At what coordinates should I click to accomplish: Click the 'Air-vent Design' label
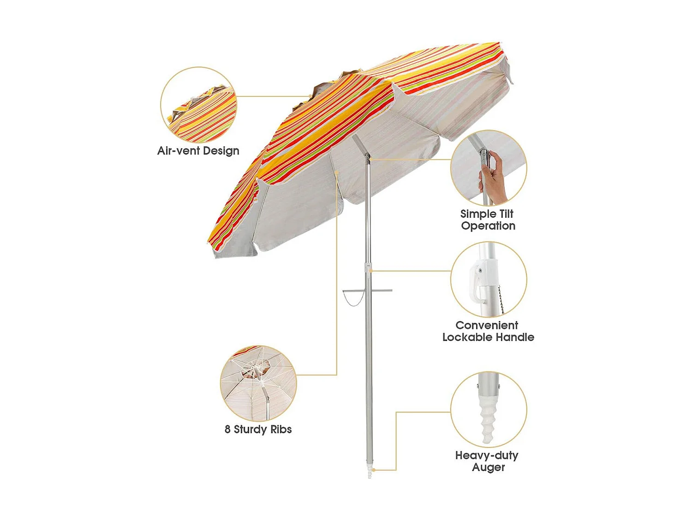(x=198, y=151)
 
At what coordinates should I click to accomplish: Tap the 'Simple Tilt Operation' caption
(x=487, y=220)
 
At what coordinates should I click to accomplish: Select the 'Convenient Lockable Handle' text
(x=488, y=331)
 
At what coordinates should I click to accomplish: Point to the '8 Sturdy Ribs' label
(x=258, y=429)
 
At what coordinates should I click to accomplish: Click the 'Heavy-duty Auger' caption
(x=487, y=461)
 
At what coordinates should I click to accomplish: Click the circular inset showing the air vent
(x=198, y=105)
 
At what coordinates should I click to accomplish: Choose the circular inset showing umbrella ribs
(x=258, y=383)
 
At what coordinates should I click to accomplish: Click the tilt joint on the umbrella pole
(x=367, y=158)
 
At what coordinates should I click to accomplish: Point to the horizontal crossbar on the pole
(x=367, y=290)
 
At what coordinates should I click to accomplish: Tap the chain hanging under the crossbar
(x=353, y=299)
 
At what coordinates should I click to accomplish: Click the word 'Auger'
(x=489, y=467)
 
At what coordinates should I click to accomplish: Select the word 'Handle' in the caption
(x=515, y=337)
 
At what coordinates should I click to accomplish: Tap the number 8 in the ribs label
(x=227, y=429)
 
